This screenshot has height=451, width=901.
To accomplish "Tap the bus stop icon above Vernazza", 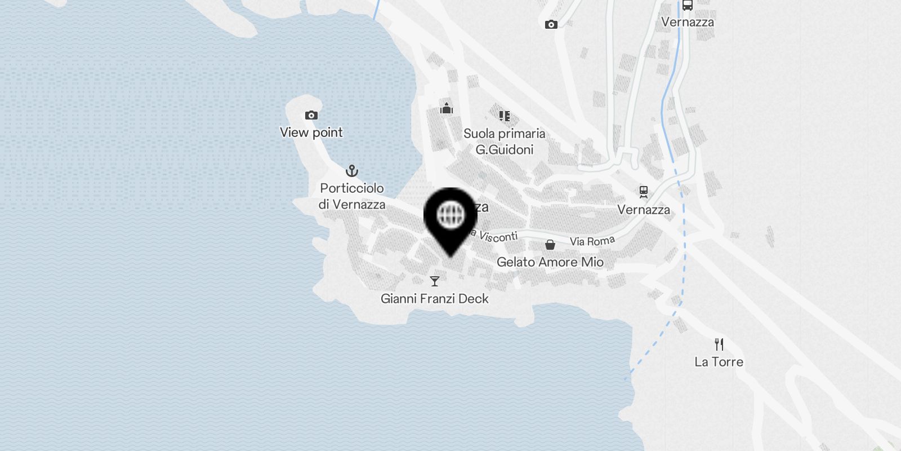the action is point(687,6).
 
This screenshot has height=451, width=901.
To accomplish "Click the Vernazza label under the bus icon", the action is point(687,23).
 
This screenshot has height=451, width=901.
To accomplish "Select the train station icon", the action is point(644,192).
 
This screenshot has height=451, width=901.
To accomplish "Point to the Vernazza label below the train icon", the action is point(644,210).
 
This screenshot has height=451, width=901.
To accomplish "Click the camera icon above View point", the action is point(311,116).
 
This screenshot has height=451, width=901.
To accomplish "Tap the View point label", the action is point(311,132).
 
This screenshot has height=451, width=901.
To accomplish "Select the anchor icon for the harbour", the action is point(352,170).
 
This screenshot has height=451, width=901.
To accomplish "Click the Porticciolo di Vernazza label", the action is point(352,196).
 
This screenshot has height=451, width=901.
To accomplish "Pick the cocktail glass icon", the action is point(435,281).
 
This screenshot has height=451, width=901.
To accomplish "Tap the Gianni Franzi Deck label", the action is point(435,299).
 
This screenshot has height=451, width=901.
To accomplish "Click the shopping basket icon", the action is point(550,245).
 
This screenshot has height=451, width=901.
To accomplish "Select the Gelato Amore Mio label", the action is point(550,262).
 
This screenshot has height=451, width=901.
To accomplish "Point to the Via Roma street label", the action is point(592,241).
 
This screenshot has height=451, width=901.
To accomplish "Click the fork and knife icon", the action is point(719,344).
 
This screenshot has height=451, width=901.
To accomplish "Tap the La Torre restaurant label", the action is point(719,362).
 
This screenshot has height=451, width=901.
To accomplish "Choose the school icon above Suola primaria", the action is point(504,116).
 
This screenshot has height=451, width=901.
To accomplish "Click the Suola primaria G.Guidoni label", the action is point(504,142).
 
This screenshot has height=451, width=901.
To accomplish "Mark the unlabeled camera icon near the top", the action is point(551,24).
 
